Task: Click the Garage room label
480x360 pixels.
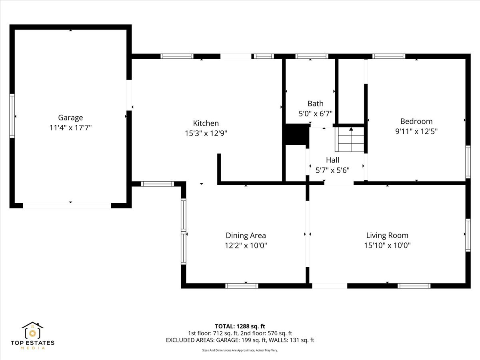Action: pyautogui.click(x=70, y=118)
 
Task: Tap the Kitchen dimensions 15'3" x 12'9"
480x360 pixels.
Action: pyautogui.click(x=206, y=133)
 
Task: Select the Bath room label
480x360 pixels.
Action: pyautogui.click(x=316, y=104)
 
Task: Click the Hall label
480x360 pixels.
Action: pyautogui.click(x=332, y=160)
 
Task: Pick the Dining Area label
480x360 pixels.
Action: pyautogui.click(x=246, y=236)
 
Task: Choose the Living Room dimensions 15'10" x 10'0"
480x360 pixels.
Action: pyautogui.click(x=387, y=245)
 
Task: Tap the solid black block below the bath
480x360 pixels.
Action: pyautogui.click(x=296, y=134)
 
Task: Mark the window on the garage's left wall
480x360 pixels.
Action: pyautogui.click(x=12, y=116)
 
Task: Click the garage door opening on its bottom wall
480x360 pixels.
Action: pyautogui.click(x=67, y=205)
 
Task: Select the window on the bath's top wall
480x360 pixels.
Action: pyautogui.click(x=312, y=56)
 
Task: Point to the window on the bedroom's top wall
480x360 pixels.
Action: pyautogui.click(x=389, y=56)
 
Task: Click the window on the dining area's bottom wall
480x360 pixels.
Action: pyautogui.click(x=242, y=286)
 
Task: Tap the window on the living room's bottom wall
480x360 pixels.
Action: pyautogui.click(x=414, y=286)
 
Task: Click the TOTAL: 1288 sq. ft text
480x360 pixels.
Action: pyautogui.click(x=240, y=326)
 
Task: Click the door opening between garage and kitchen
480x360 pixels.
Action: pyautogui.click(x=129, y=94)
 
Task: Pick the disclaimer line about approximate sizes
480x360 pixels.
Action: pyautogui.click(x=240, y=350)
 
